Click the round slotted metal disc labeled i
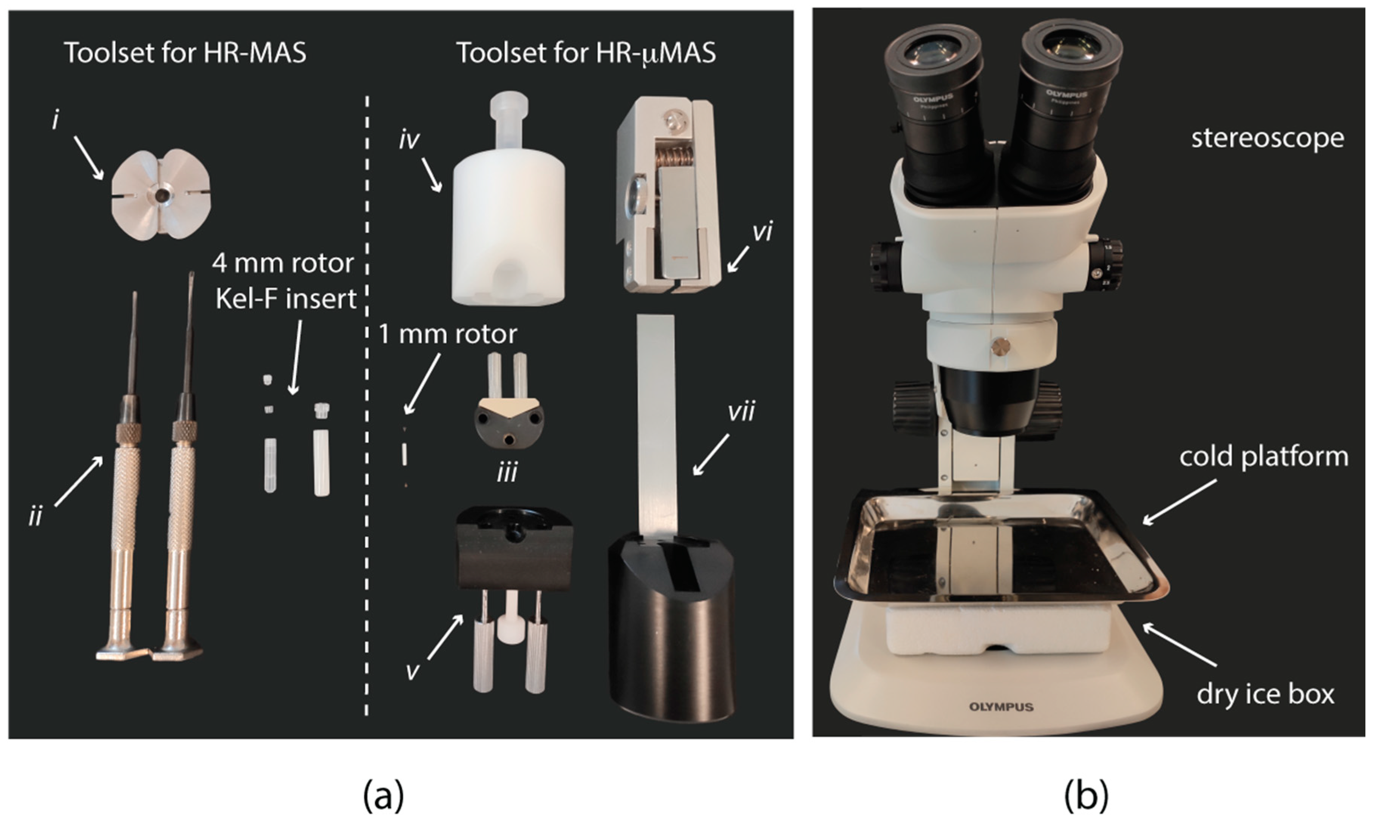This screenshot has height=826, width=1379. (161, 195)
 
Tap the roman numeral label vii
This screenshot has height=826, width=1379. (741, 413)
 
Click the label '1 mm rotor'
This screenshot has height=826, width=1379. (448, 334)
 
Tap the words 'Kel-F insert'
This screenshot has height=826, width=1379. (285, 299)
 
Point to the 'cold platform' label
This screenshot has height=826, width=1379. (1263, 457)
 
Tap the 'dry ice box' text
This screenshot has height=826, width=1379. (1265, 695)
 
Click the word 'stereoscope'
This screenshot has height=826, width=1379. (1268, 138)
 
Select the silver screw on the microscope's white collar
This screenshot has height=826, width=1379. (1000, 347)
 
